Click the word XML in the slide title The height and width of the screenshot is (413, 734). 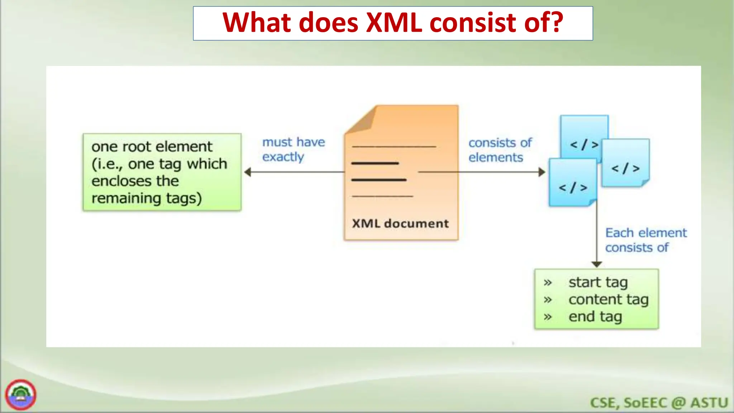[394, 23]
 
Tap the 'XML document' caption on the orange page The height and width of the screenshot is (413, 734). [400, 224]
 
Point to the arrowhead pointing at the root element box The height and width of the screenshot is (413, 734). [248, 172]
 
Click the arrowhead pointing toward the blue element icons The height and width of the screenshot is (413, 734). [542, 172]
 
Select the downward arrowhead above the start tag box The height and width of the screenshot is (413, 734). [596, 264]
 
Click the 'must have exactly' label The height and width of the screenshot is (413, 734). [293, 149]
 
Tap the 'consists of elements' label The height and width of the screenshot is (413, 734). [500, 150]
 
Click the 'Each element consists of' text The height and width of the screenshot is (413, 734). [645, 240]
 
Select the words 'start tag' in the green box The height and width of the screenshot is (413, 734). [598, 282]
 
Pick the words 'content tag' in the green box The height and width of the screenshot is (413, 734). [608, 299]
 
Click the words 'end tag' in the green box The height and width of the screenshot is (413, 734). [595, 317]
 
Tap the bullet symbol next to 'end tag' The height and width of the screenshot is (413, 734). [547, 317]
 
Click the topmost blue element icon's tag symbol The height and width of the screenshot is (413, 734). [584, 144]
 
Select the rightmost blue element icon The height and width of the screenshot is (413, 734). [625, 163]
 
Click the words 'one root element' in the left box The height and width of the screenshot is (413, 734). [152, 147]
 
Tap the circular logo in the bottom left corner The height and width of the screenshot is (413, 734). [21, 395]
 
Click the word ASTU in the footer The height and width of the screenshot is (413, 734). [709, 403]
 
